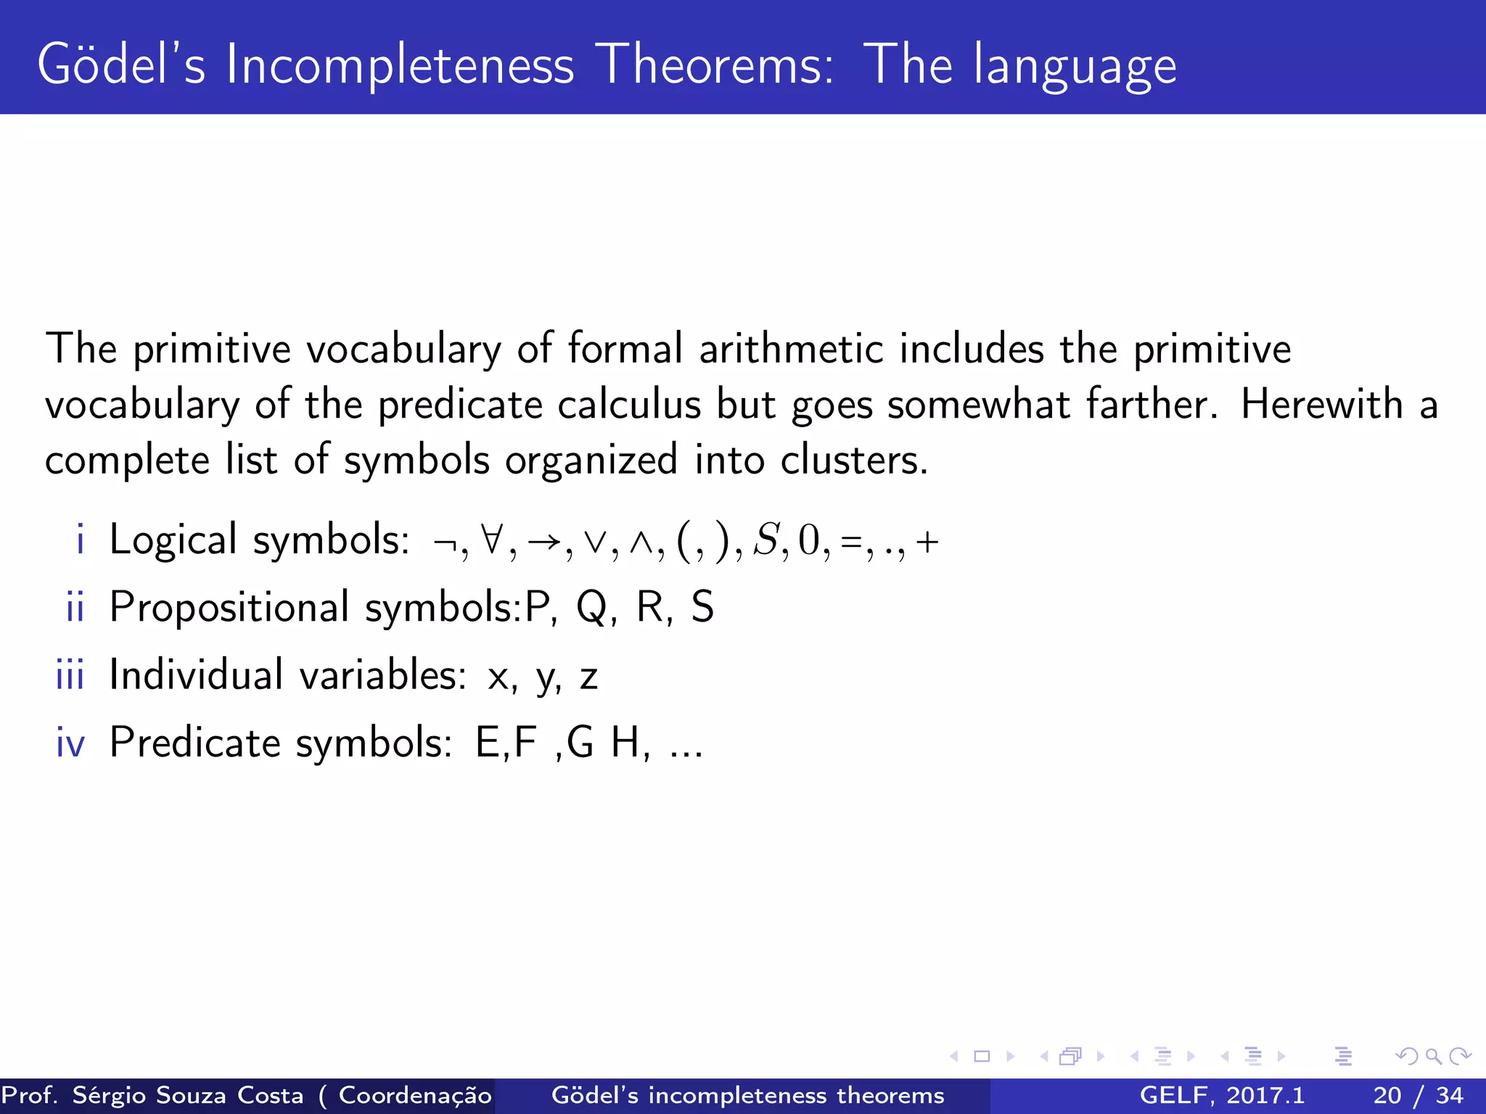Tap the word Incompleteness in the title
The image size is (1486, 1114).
400,65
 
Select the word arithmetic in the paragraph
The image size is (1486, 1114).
791,349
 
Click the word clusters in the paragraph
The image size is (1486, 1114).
853,460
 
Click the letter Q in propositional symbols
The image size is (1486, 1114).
591,608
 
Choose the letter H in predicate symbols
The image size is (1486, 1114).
625,743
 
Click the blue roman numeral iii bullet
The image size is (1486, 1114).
70,674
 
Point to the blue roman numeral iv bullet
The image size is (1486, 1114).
70,743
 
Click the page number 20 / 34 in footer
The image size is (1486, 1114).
1418,1095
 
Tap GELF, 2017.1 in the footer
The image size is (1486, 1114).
1222,1095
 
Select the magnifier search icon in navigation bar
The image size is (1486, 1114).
1433,1056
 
